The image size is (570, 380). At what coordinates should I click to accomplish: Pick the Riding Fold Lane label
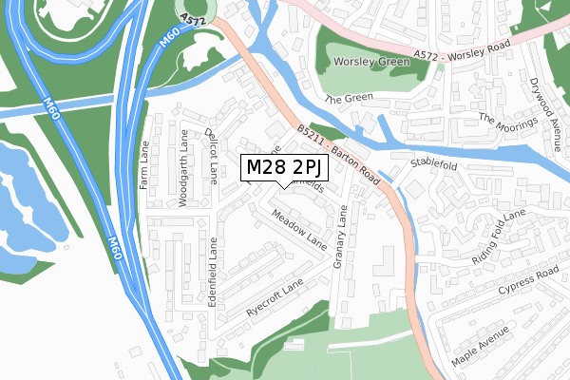click(x=498, y=238)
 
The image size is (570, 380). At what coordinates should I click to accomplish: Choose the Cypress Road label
click(x=521, y=279)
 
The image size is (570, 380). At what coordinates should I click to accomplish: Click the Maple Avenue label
click(x=481, y=346)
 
